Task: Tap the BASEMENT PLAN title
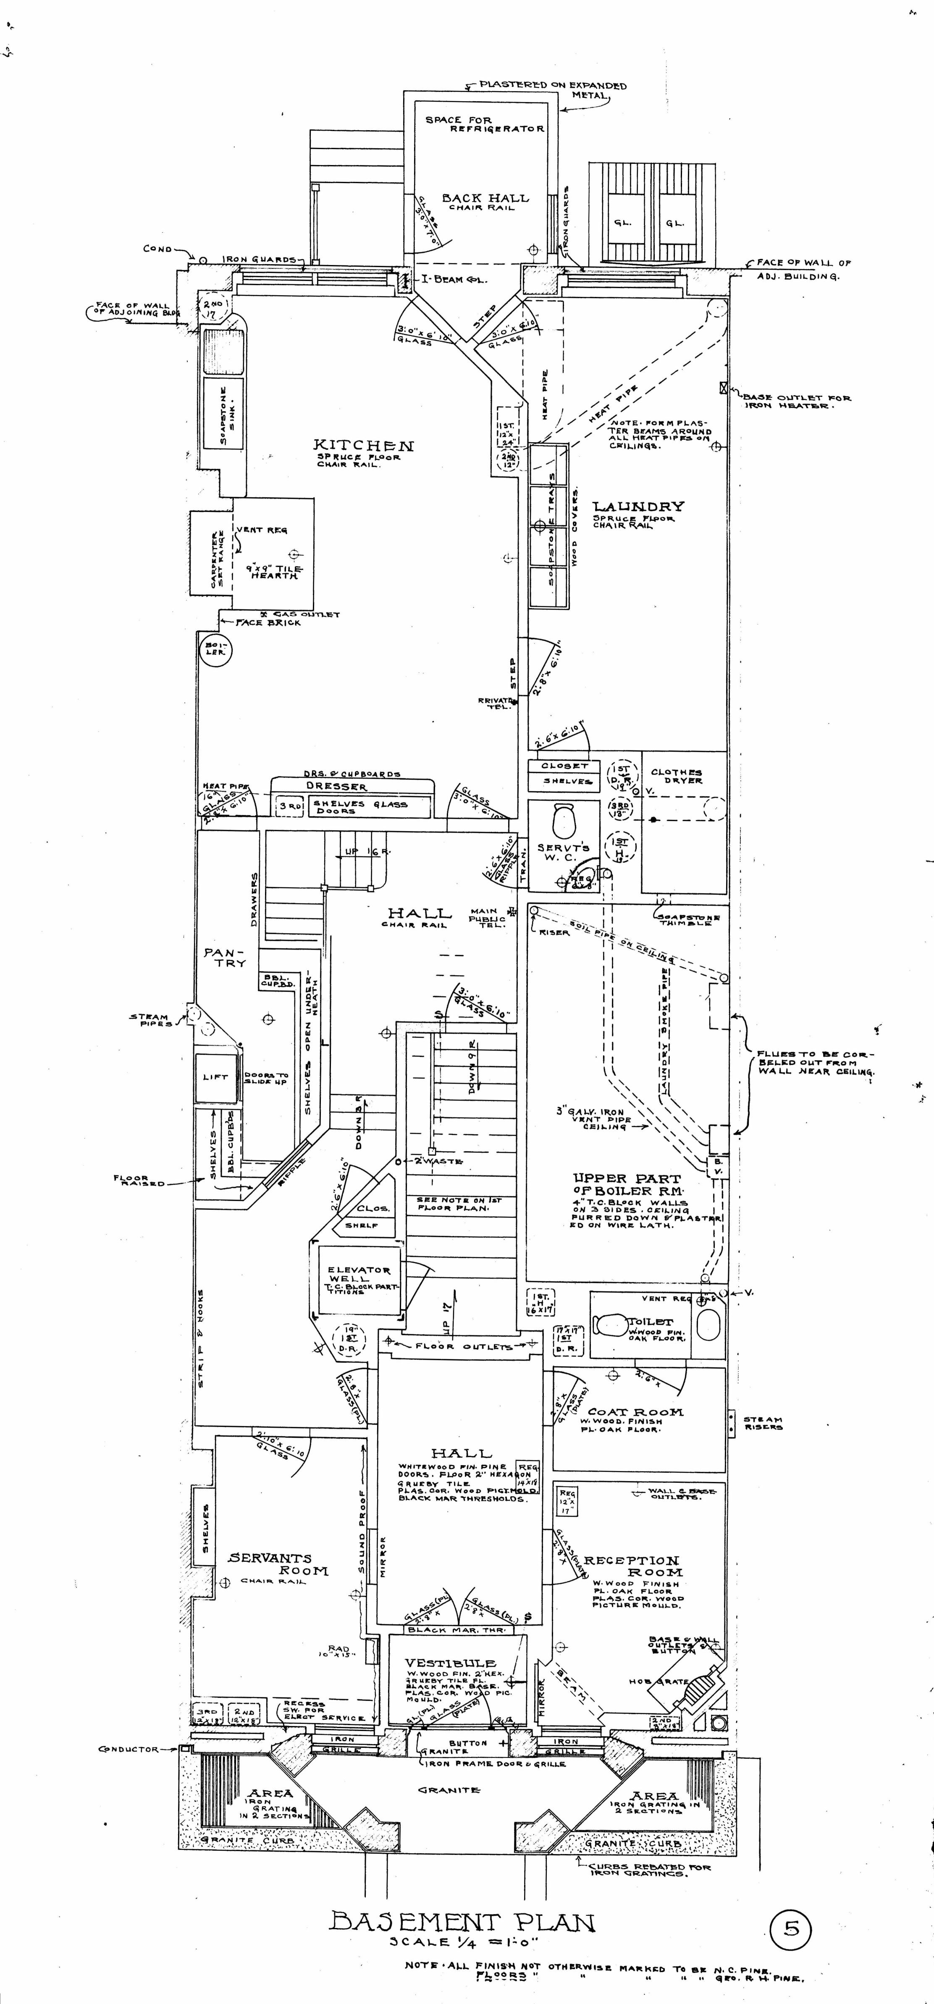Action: pyautogui.click(x=463, y=1922)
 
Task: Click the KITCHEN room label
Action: pyautogui.click(x=363, y=445)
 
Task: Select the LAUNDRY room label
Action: pyautogui.click(x=638, y=506)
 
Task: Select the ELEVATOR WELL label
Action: pyautogui.click(x=359, y=1274)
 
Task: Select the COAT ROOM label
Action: pyautogui.click(x=635, y=1412)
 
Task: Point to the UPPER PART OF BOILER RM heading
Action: pyautogui.click(x=626, y=1184)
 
